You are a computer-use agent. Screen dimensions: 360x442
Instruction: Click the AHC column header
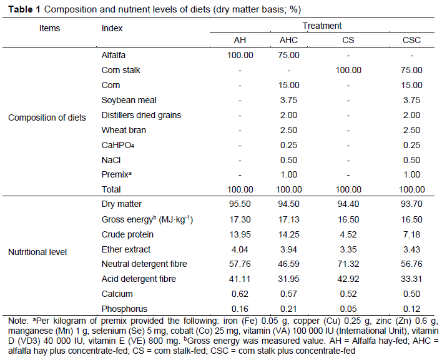pyautogui.click(x=289, y=41)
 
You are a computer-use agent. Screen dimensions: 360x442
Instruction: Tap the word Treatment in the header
pyautogui.click(x=322, y=26)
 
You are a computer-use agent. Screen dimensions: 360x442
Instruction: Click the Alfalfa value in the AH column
pyautogui.click(x=240, y=55)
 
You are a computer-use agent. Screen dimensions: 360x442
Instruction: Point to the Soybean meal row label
pyautogui.click(x=129, y=100)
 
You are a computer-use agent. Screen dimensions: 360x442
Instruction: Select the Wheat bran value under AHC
pyautogui.click(x=289, y=130)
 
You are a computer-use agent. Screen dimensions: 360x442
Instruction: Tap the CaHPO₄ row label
pyautogui.click(x=118, y=146)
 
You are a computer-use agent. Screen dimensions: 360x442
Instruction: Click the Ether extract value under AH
pyautogui.click(x=240, y=249)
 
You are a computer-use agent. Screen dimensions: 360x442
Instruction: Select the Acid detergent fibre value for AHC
pyautogui.click(x=289, y=279)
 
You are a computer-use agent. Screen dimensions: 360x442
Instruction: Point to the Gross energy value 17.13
pyautogui.click(x=289, y=219)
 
